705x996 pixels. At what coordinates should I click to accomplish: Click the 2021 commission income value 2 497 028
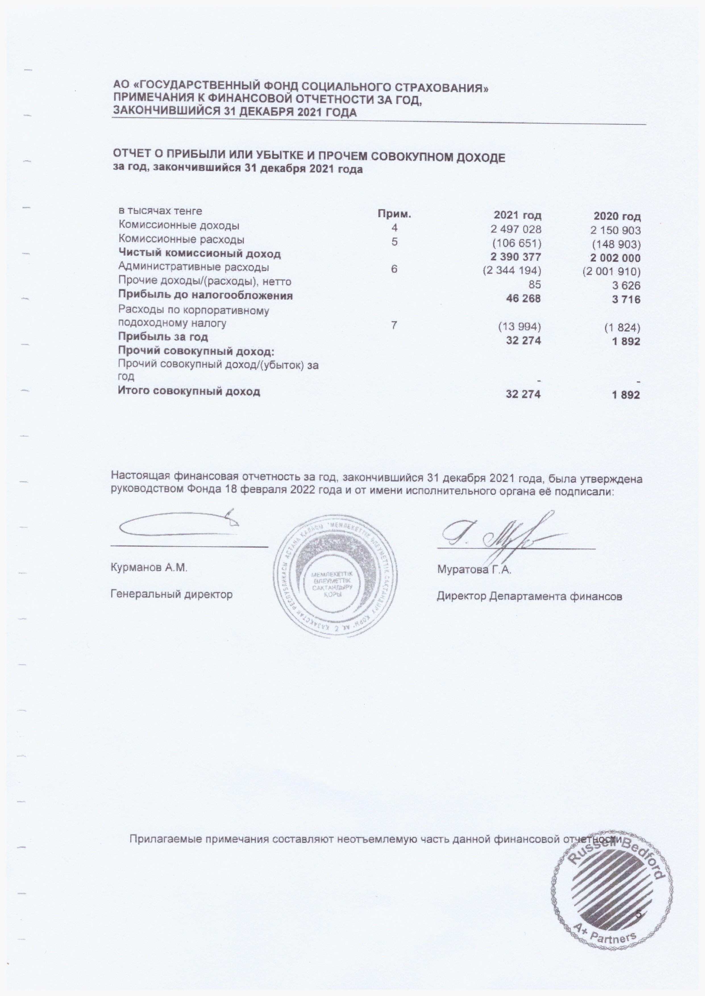[x=516, y=229]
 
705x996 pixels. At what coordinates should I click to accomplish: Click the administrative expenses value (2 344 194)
[x=512, y=272]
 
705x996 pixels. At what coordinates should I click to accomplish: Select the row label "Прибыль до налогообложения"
[x=206, y=296]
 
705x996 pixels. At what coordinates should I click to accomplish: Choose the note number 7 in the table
[x=394, y=325]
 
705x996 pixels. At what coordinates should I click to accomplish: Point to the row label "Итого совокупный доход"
[x=189, y=391]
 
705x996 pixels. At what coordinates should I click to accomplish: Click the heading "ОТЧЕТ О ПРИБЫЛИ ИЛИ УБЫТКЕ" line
[x=309, y=157]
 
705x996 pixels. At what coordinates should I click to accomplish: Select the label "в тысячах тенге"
[x=161, y=211]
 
